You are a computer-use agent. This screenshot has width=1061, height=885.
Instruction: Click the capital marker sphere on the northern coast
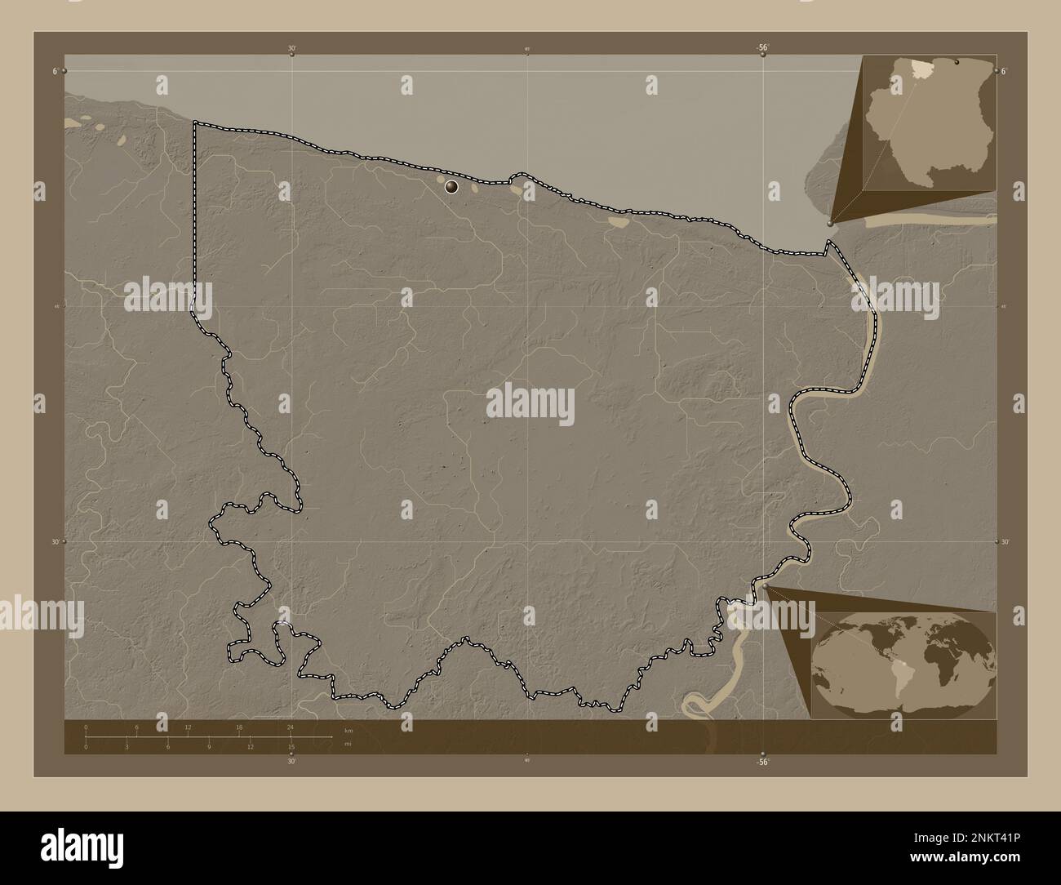pos(451,187)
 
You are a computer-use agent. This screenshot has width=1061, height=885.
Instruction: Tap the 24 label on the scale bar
pos(290,726)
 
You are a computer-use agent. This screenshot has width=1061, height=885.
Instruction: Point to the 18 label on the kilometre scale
pos(239,726)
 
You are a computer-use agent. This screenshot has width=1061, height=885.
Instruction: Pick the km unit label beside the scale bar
pos(348,730)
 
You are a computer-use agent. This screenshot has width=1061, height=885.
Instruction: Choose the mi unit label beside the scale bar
pos(348,744)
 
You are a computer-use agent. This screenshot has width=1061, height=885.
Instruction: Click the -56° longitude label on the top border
pos(762,48)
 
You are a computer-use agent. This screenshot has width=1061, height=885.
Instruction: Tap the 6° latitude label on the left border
pos(55,71)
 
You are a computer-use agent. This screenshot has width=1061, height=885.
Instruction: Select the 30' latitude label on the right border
pos(1006,541)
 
